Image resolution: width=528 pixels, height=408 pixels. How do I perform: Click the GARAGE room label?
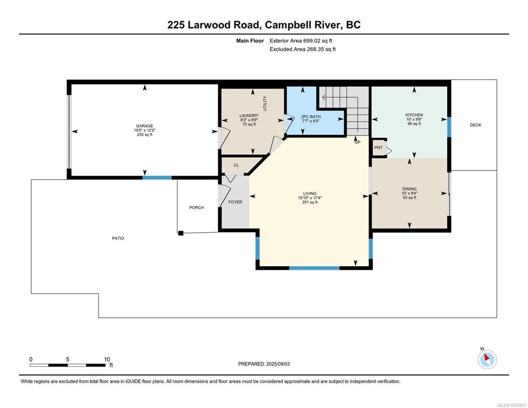144,126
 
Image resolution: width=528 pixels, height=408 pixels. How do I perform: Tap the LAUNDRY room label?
249,116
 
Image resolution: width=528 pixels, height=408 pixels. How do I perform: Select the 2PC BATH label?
311,116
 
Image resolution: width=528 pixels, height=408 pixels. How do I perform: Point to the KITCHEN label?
414,115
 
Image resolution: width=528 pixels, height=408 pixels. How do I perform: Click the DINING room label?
410,189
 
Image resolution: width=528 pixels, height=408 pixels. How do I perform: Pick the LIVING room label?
310,194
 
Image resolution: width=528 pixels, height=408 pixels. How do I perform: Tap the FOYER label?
235,202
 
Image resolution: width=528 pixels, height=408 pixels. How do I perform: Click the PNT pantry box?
379,148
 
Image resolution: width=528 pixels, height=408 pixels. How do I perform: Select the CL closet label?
236,165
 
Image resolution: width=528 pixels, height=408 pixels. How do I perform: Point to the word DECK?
475,125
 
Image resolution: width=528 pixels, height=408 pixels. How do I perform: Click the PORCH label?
197,208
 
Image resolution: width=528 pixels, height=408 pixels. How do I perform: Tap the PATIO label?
118,238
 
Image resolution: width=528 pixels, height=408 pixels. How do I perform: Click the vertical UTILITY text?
265,103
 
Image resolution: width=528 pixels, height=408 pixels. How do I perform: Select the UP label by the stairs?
357,142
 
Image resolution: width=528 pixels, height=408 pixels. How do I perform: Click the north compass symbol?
487,359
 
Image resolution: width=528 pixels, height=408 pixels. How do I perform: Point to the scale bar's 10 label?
107,360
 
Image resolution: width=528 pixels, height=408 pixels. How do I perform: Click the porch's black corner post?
181,233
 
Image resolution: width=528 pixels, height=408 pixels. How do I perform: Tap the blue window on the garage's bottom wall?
157,177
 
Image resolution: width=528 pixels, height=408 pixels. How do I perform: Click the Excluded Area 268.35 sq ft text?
303,49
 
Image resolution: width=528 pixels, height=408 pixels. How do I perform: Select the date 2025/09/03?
278,364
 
